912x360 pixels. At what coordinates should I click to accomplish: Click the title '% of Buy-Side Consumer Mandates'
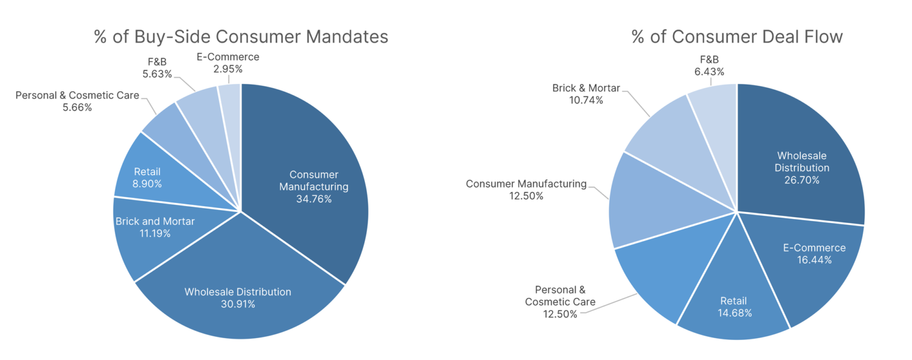241,36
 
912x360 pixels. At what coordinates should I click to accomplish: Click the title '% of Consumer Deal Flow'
737,36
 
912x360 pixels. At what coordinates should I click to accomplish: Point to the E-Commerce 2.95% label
228,63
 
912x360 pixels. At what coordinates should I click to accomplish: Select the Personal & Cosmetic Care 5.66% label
77,101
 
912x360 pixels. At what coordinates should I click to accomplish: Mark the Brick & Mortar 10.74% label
586,94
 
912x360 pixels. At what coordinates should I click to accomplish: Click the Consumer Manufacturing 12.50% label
527,190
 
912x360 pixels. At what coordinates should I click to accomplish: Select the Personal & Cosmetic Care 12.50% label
560,302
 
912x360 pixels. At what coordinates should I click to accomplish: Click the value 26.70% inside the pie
801,180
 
